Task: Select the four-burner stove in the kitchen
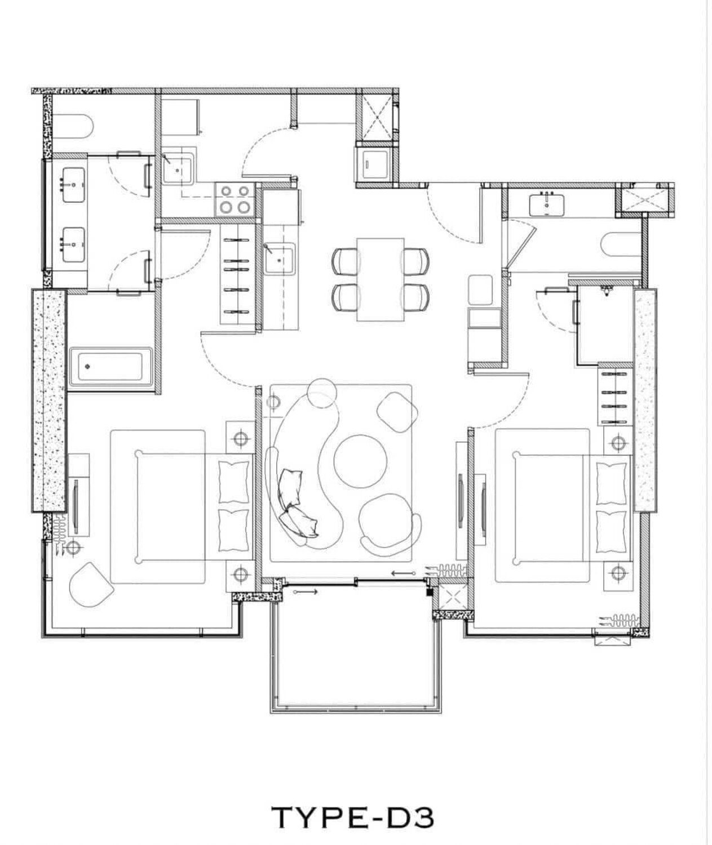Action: [235, 198]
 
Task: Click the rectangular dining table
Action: [381, 279]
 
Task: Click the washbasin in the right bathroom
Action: [546, 205]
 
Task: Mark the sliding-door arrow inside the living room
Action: [404, 573]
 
